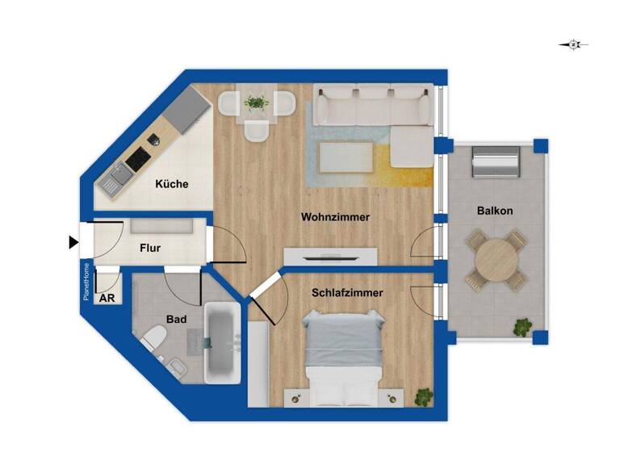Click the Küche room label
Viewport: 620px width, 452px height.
pyautogui.click(x=171, y=184)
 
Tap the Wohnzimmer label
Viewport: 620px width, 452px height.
pyautogui.click(x=335, y=217)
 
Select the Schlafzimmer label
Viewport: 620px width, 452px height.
pyautogui.click(x=347, y=293)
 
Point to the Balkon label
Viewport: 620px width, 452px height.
pyautogui.click(x=495, y=211)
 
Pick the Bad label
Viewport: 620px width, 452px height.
pyautogui.click(x=177, y=320)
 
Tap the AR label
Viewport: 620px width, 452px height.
pyautogui.click(x=107, y=298)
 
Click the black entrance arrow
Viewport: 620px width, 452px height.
pyautogui.click(x=73, y=241)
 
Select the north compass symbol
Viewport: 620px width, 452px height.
pyautogui.click(x=573, y=45)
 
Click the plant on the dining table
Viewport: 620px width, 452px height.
pyautogui.click(x=258, y=103)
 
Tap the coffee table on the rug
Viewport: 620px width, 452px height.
pyautogui.click(x=346, y=157)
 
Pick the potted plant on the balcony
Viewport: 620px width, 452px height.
pyautogui.click(x=523, y=327)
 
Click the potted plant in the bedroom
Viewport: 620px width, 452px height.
pyautogui.click(x=423, y=396)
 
